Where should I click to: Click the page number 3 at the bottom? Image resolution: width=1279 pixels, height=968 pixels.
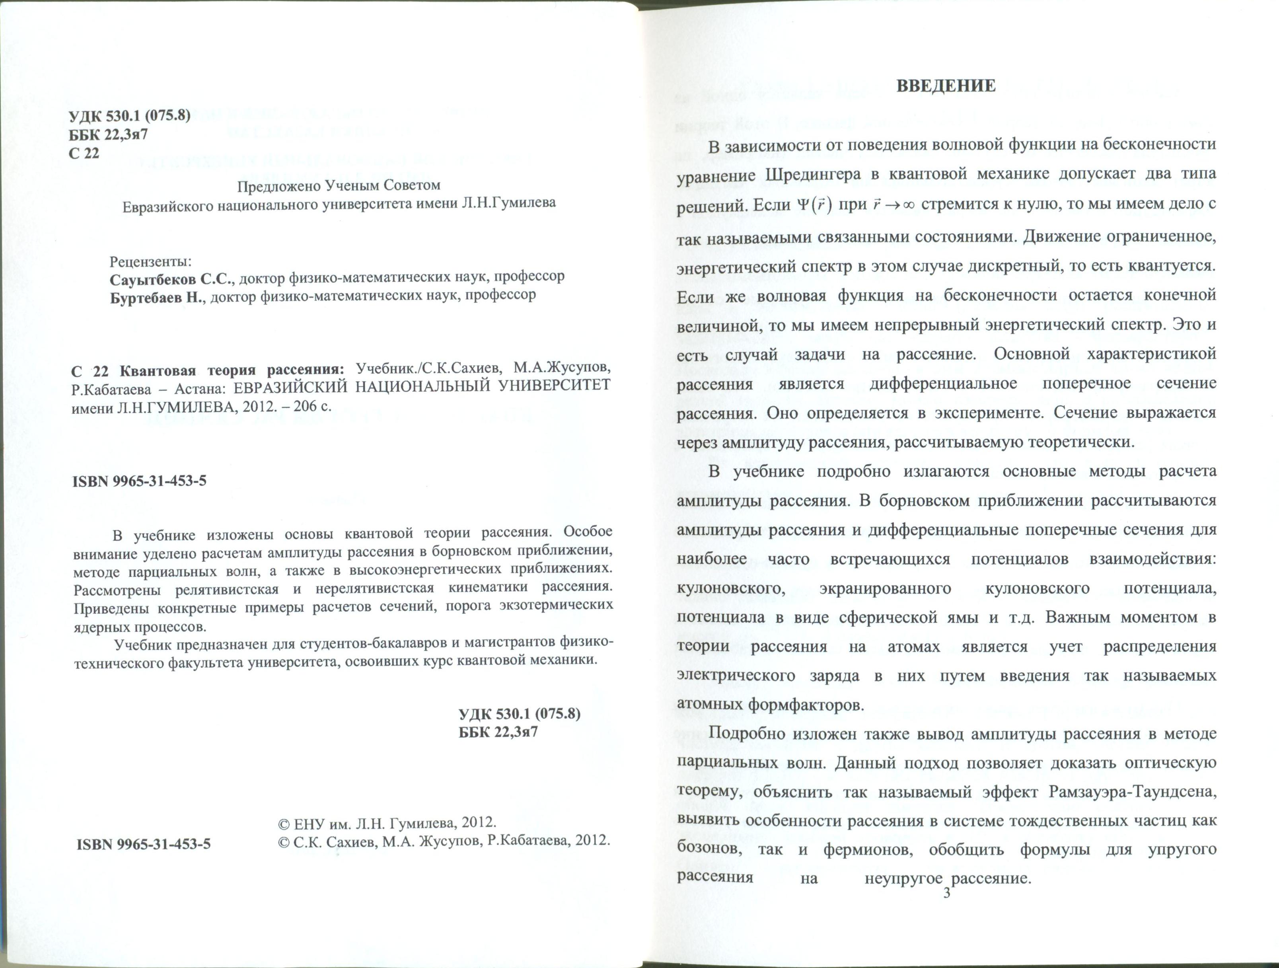946,894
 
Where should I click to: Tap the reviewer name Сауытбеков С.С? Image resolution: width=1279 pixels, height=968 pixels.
171,278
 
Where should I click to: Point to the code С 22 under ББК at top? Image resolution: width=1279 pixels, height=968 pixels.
84,153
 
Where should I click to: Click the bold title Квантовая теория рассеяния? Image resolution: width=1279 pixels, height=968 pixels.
231,369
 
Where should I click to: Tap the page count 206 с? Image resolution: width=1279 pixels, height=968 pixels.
313,406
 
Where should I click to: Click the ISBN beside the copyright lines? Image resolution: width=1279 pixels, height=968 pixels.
143,844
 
